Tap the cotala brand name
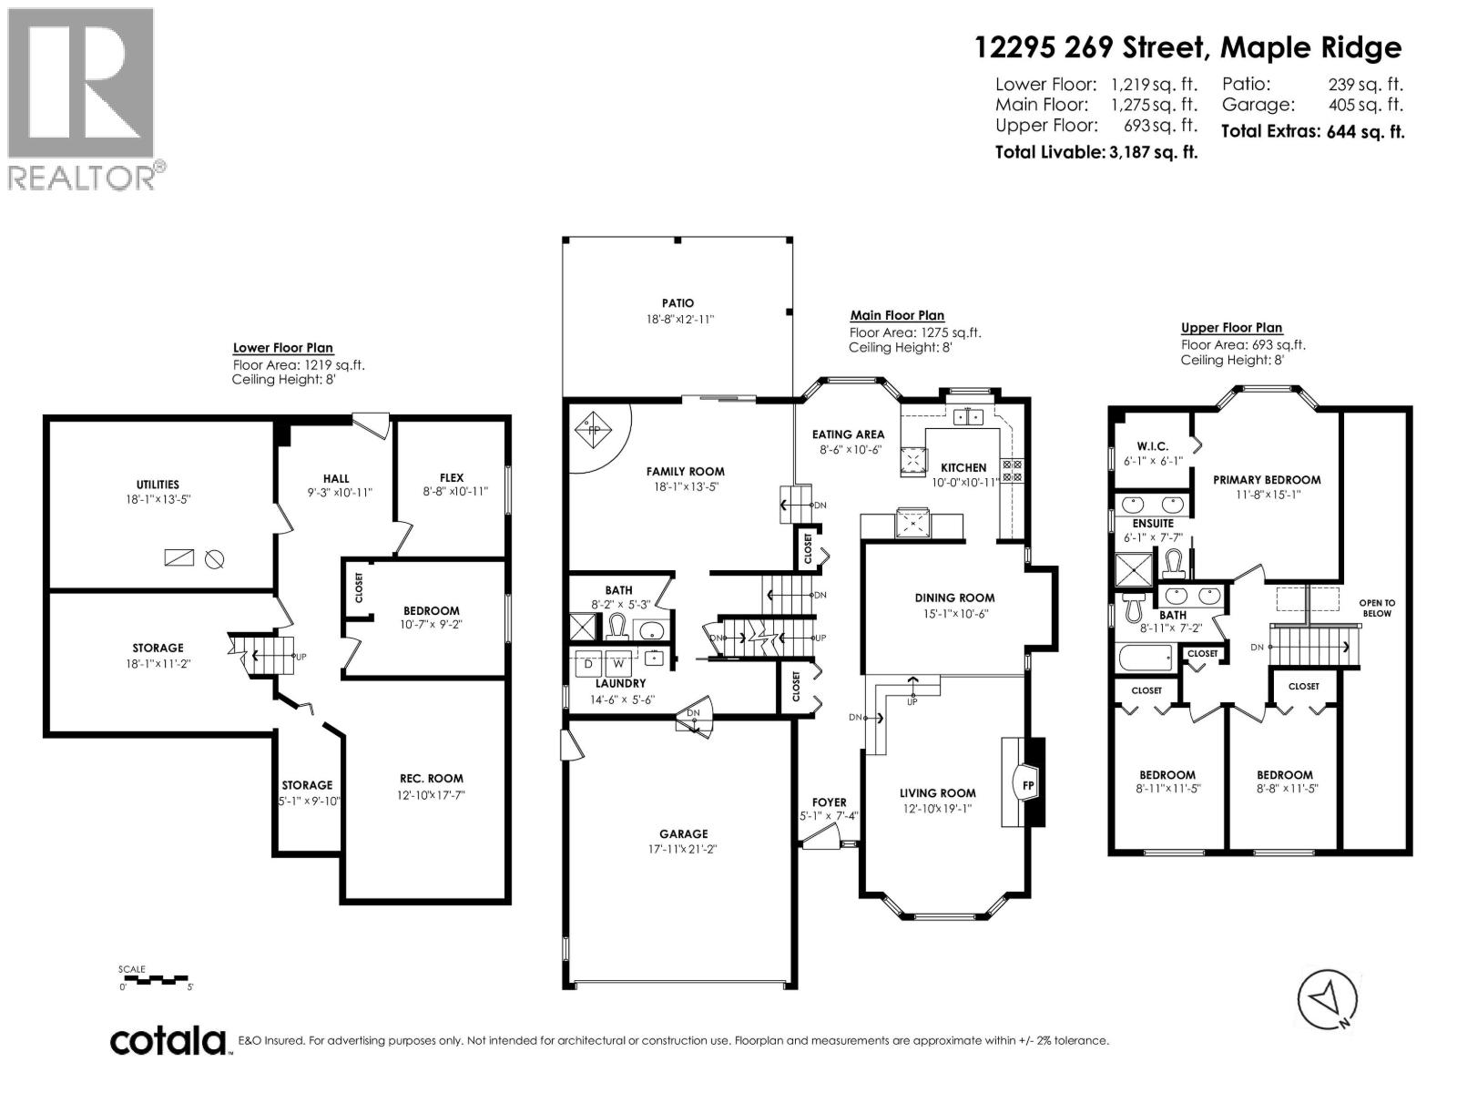click(x=168, y=1040)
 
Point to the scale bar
click(x=154, y=979)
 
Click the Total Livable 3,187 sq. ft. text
click(x=1095, y=152)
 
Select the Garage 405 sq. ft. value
click(x=1375, y=105)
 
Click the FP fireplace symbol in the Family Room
click(x=594, y=431)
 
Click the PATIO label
click(x=678, y=303)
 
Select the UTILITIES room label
click(x=158, y=485)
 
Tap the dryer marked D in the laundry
click(x=587, y=664)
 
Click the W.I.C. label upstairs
click(x=1152, y=446)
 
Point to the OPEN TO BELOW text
click(x=1376, y=608)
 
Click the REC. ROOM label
click(x=431, y=779)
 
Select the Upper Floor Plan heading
click(x=1231, y=328)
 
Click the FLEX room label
click(x=451, y=477)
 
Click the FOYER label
click(x=829, y=802)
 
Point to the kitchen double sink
click(x=968, y=417)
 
